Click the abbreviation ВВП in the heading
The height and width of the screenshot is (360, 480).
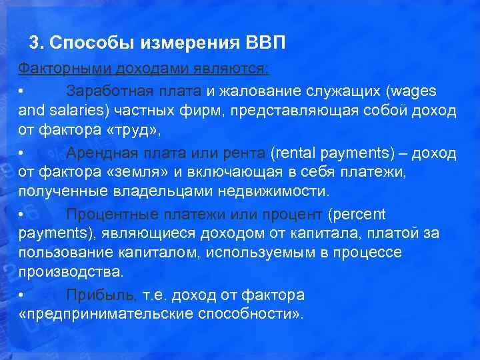click(265, 44)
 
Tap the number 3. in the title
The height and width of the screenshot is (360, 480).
click(37, 44)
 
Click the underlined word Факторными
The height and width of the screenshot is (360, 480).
click(63, 69)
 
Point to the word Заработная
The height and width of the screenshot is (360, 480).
click(109, 90)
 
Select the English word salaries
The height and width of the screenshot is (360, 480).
click(70, 111)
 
